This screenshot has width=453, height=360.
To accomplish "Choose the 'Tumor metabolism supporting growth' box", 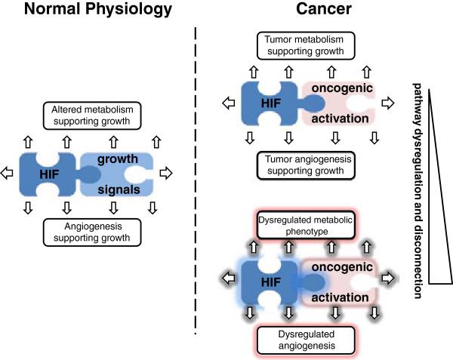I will tap(310, 46).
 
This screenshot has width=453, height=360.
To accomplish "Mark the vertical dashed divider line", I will tap(196, 181).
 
